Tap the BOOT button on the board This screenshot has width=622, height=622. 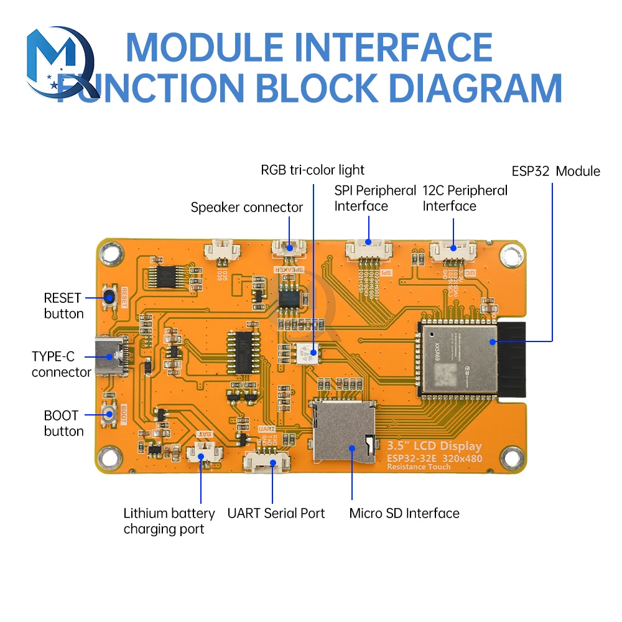click(111, 415)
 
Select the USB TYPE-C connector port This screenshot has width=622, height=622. click(110, 357)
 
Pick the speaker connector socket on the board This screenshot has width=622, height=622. click(289, 248)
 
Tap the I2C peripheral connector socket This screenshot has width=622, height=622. click(452, 250)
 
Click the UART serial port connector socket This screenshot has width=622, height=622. click(267, 462)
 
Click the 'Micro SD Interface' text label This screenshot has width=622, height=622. click(404, 513)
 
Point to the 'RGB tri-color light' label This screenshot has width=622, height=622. click(312, 170)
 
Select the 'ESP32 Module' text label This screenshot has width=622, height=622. click(555, 171)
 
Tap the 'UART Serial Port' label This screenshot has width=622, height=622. click(276, 513)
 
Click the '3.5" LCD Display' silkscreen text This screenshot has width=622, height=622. click(434, 446)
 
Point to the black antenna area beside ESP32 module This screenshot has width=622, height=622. click(511, 360)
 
